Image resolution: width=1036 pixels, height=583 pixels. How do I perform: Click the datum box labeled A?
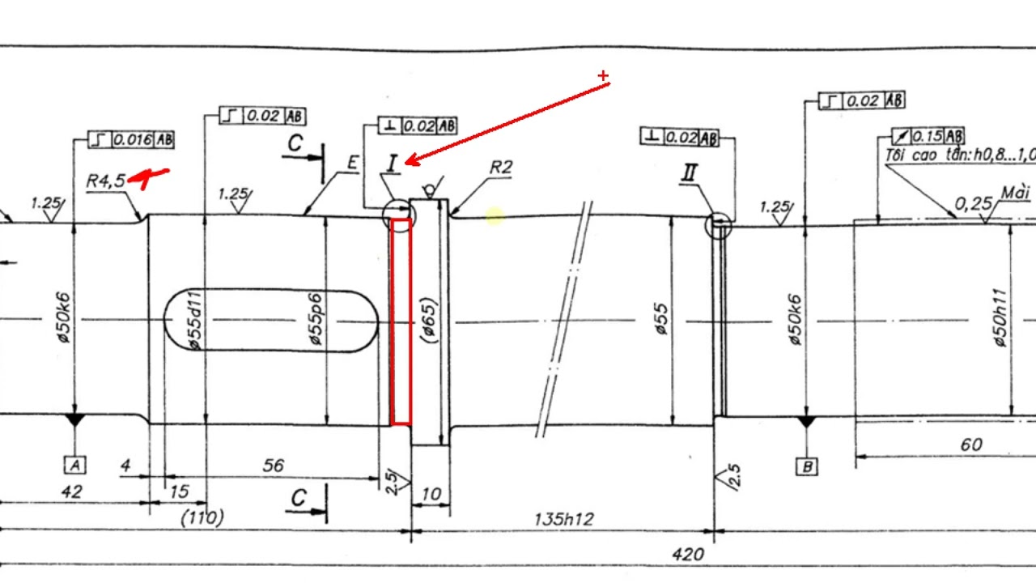[x=75, y=465]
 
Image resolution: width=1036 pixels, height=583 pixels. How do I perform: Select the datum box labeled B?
[x=806, y=466]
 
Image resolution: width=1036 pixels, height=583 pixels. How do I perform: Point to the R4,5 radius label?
[x=106, y=181]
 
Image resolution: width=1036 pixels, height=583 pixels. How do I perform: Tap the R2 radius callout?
[x=501, y=168]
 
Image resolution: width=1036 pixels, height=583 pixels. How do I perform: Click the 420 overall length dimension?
[x=687, y=555]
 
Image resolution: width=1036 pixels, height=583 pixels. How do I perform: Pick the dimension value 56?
[x=274, y=466]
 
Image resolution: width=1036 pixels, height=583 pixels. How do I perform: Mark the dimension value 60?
[x=971, y=445]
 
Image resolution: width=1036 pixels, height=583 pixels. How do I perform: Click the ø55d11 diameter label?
[x=194, y=321]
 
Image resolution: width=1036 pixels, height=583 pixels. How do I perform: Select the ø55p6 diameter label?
[x=316, y=321]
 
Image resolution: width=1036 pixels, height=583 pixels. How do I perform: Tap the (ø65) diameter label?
[x=428, y=321]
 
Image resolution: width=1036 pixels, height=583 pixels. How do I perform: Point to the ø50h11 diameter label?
[x=1000, y=319]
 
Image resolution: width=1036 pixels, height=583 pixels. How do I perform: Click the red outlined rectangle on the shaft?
[x=401, y=321]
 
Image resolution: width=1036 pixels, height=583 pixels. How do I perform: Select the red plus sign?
[x=603, y=76]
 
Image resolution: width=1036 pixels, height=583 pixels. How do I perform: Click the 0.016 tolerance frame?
[x=132, y=139]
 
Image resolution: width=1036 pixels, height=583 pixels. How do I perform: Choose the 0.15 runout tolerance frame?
[x=928, y=136]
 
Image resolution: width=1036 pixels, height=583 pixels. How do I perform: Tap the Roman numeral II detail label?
[x=690, y=172]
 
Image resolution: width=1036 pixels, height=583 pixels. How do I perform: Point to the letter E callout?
[x=352, y=163]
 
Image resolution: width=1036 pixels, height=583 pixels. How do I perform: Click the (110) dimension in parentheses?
[x=202, y=517]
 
